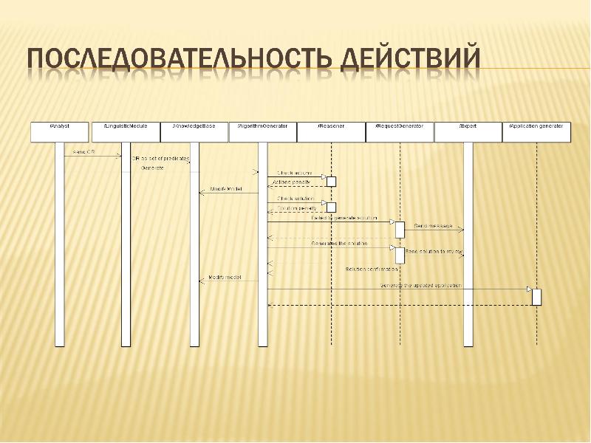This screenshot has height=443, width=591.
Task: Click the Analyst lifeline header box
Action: (x=59, y=131)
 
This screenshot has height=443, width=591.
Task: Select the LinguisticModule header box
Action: (x=126, y=131)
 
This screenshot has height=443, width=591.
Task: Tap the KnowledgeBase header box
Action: (x=194, y=131)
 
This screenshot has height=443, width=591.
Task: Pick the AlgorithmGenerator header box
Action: (x=262, y=131)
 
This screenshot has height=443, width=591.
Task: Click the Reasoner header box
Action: (x=330, y=131)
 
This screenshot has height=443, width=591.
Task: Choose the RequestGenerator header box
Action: (x=399, y=131)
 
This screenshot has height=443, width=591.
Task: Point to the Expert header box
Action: (x=468, y=131)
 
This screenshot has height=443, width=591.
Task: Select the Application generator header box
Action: (x=536, y=131)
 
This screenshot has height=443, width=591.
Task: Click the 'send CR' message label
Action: (x=83, y=152)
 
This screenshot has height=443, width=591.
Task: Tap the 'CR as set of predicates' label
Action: (x=161, y=159)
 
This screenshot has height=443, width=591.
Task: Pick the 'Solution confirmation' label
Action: (x=372, y=268)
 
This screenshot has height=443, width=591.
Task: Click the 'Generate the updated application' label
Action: (x=420, y=285)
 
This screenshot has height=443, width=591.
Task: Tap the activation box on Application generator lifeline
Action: (x=536, y=296)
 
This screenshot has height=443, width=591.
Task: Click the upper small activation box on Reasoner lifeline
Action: (x=331, y=181)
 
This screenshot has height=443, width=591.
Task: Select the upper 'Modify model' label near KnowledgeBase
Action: (x=225, y=190)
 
